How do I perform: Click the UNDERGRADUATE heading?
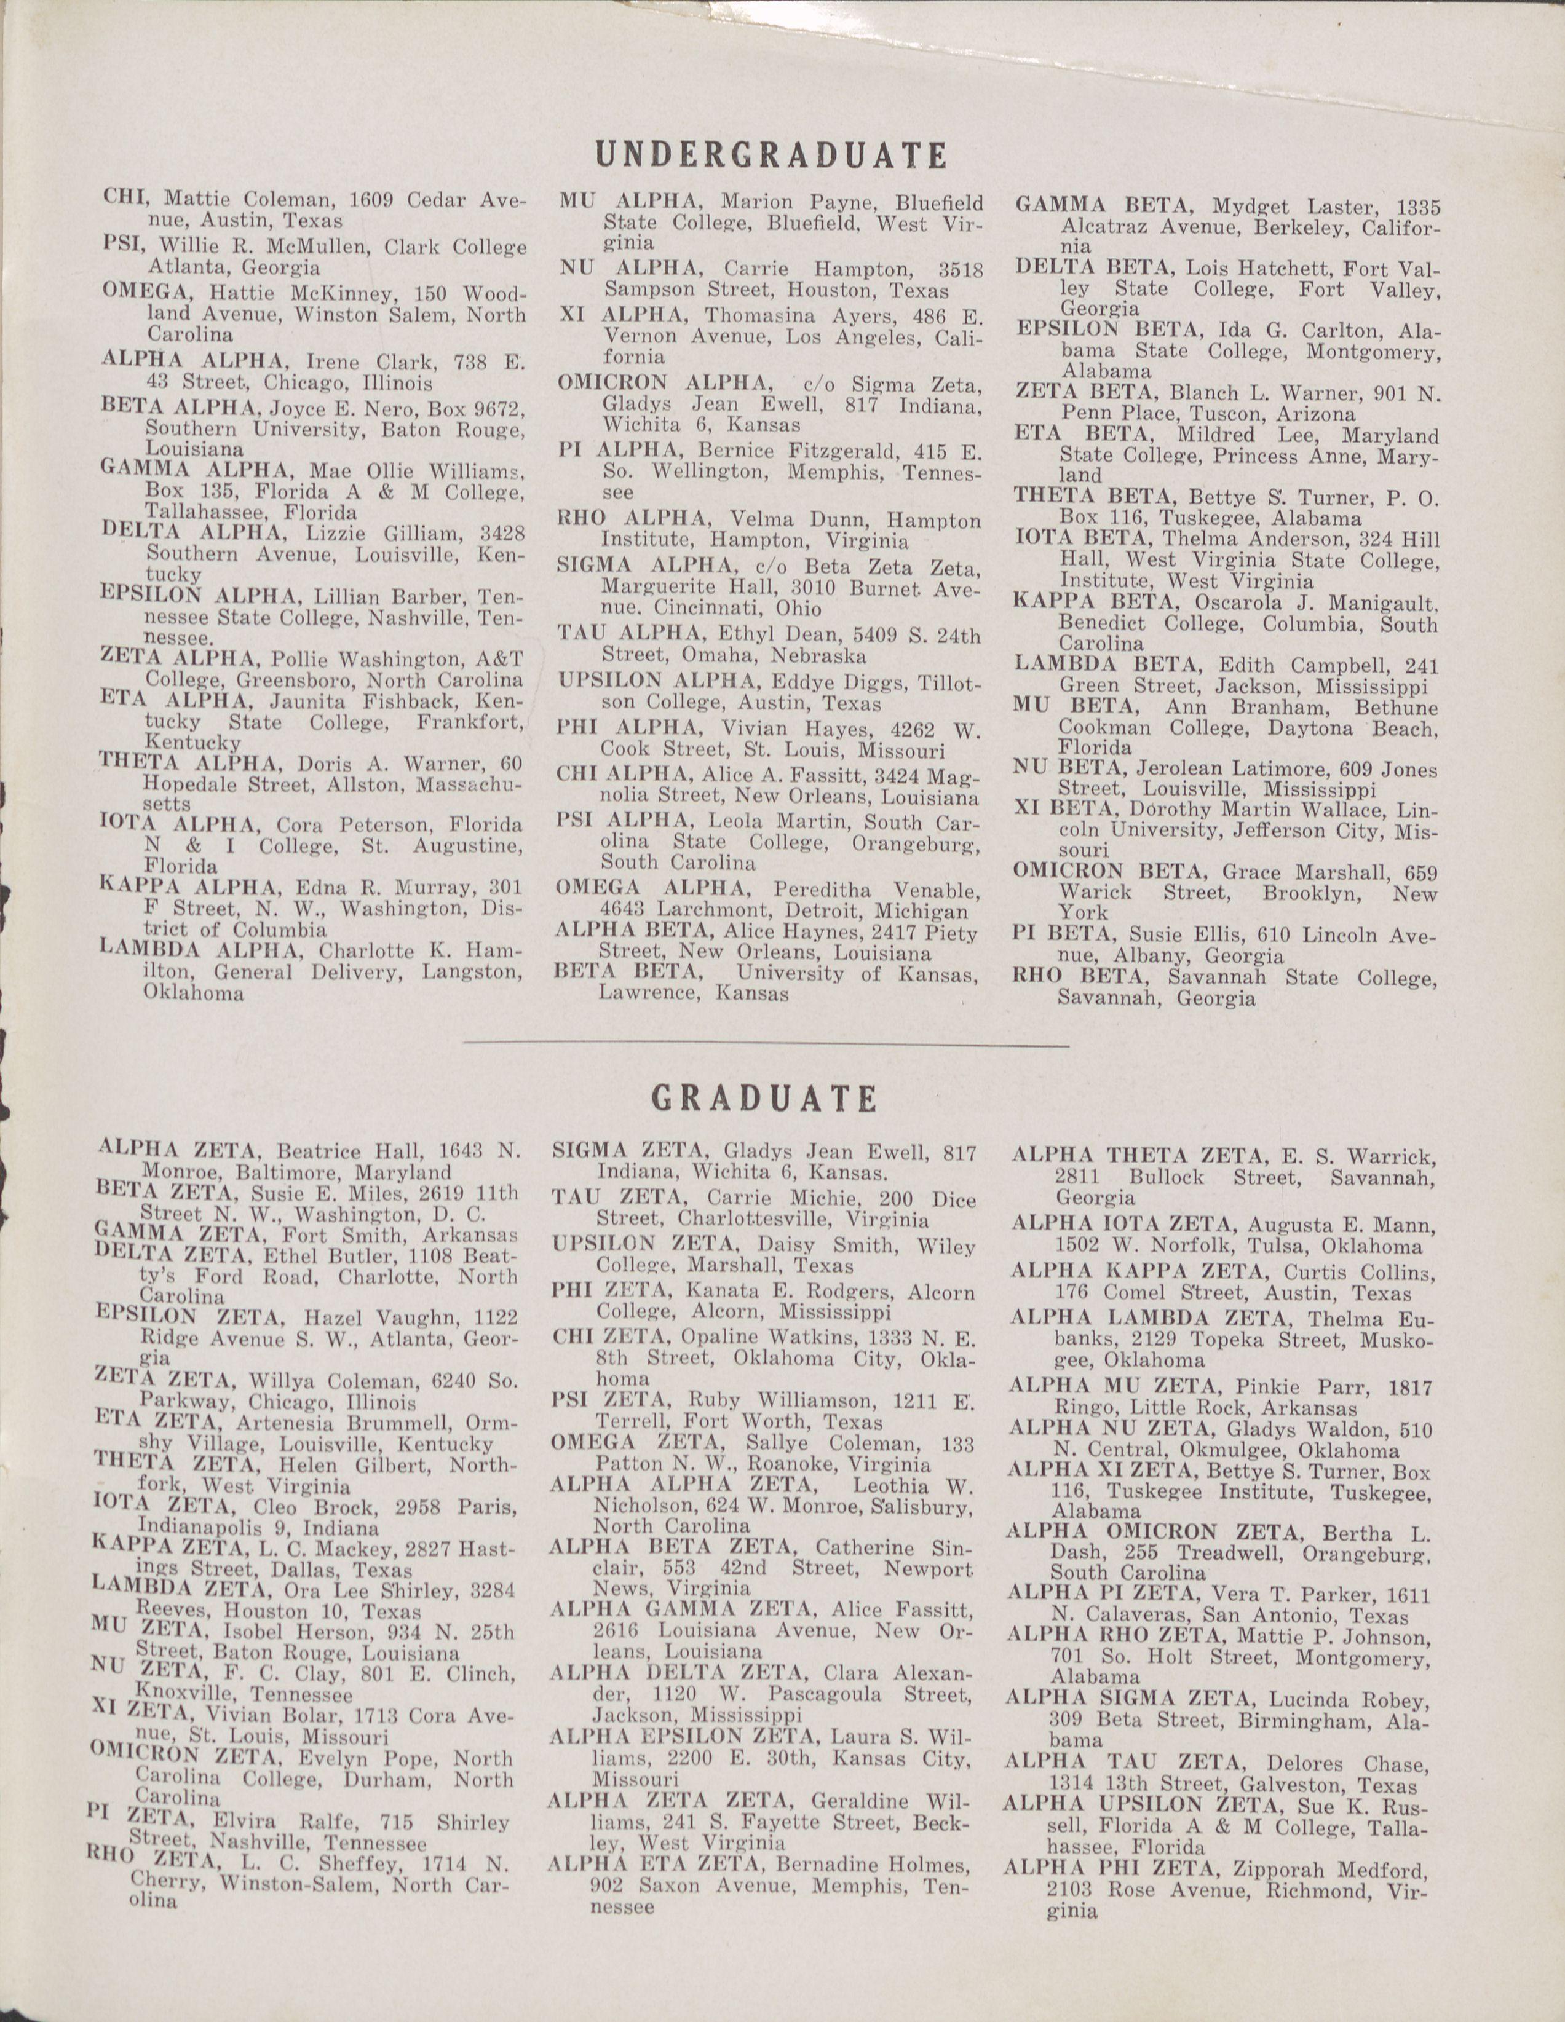pos(771,154)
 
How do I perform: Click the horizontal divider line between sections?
pos(765,1045)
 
